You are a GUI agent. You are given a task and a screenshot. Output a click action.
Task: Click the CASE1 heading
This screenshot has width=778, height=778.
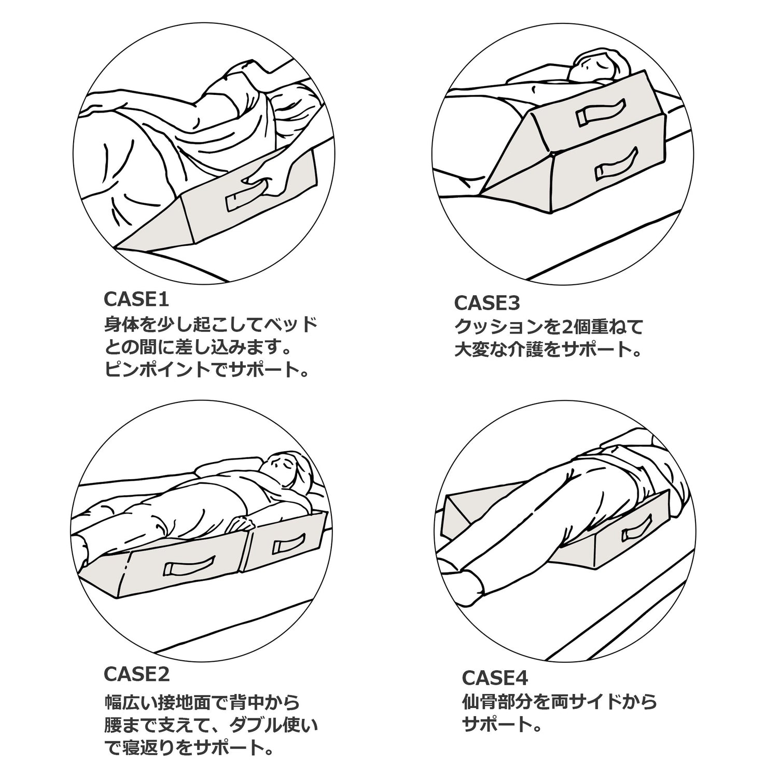pyautogui.click(x=136, y=299)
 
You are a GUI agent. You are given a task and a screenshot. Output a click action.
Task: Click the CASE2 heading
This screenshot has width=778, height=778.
pyautogui.click(x=137, y=674)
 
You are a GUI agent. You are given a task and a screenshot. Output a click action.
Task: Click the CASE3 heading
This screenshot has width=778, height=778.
pyautogui.click(x=487, y=302)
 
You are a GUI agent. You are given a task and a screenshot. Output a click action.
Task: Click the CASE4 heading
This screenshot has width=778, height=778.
pyautogui.click(x=494, y=677)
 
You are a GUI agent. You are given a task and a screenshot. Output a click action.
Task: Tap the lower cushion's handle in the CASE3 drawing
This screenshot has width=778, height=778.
pyautogui.click(x=616, y=164)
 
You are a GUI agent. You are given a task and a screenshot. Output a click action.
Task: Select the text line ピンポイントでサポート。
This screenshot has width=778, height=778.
pyautogui.click(x=206, y=370)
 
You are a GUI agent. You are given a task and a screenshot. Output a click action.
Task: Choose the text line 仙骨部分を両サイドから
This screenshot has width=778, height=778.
pyautogui.click(x=559, y=702)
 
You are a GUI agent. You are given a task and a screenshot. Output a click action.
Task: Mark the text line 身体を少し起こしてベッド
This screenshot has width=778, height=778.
pyautogui.click(x=210, y=325)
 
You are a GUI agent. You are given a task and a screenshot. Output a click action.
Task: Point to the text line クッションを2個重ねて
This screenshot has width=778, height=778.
pyautogui.click(x=549, y=327)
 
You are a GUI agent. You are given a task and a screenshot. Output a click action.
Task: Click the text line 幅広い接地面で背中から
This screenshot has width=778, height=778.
pyautogui.click(x=202, y=702)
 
